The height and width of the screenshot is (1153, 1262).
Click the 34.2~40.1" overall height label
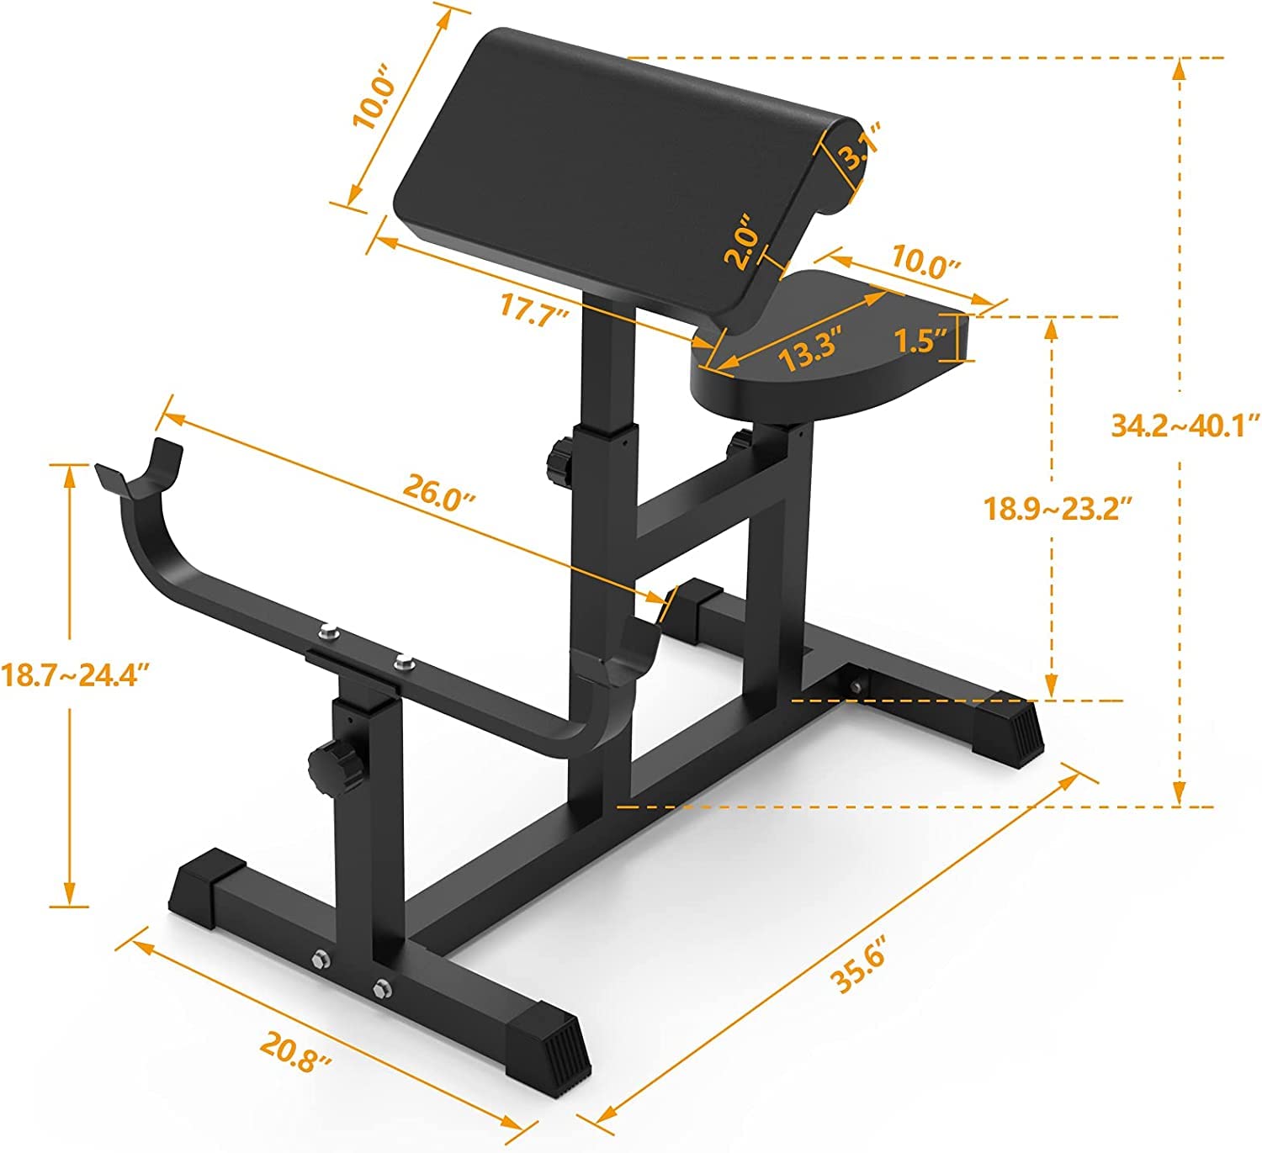point(1185,425)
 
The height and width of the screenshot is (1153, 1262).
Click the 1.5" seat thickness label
point(920,341)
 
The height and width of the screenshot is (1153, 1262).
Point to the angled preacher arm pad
point(606,168)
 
